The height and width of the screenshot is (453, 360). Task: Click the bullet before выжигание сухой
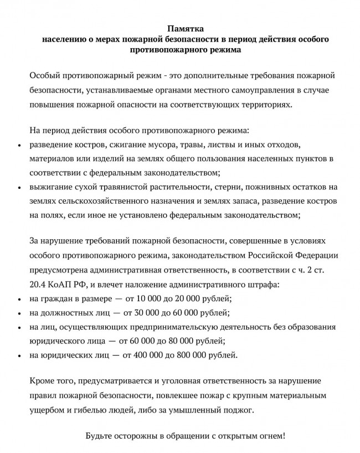pyautogui.click(x=19, y=187)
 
